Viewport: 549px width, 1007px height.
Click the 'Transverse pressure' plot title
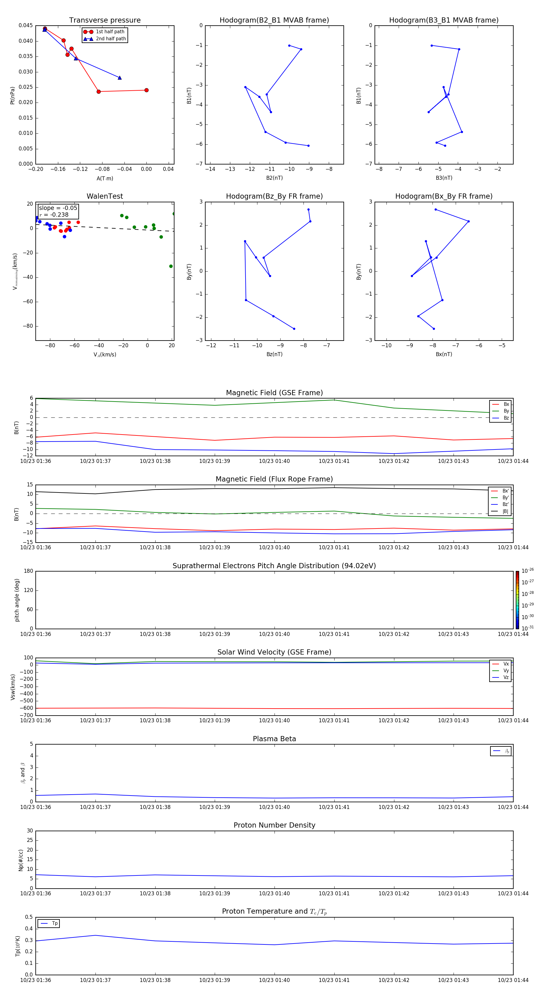pos(105,20)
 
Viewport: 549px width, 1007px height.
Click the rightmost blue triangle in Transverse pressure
pos(120,78)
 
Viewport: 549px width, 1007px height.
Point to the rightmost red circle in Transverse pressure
pos(146,90)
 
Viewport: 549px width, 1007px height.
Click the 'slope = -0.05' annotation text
pos(58,208)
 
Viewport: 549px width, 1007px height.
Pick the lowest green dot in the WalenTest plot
pos(171,266)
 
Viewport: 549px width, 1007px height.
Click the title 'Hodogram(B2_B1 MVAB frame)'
pos(274,20)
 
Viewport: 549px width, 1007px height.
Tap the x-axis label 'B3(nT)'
pos(444,178)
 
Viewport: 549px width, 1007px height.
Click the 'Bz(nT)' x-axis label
pos(274,354)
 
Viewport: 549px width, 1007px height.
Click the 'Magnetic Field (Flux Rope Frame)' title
pos(274,479)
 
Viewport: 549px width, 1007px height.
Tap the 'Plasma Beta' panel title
pos(274,739)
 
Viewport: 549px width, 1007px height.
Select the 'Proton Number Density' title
pos(274,825)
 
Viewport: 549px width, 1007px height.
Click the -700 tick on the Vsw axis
pos(27,715)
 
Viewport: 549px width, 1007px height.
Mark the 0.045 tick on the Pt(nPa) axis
pos(26,26)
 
